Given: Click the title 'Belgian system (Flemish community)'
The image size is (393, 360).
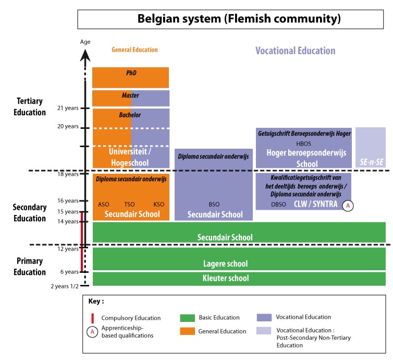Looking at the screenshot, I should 239,19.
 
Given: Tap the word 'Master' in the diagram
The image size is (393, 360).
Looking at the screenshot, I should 131,96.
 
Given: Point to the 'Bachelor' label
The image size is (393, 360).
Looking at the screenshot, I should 131,115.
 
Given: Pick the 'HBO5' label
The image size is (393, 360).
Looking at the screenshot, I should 303,143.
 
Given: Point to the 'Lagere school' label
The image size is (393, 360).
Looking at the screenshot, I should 225,263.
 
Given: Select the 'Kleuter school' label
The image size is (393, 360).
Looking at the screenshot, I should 225,279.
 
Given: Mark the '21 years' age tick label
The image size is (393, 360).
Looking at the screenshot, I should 68,108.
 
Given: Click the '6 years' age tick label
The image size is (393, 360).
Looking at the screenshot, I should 69,272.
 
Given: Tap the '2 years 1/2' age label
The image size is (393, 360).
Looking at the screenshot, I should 65,286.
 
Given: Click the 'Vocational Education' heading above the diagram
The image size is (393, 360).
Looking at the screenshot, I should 295,51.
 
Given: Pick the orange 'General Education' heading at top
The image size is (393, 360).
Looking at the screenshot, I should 134,50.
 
